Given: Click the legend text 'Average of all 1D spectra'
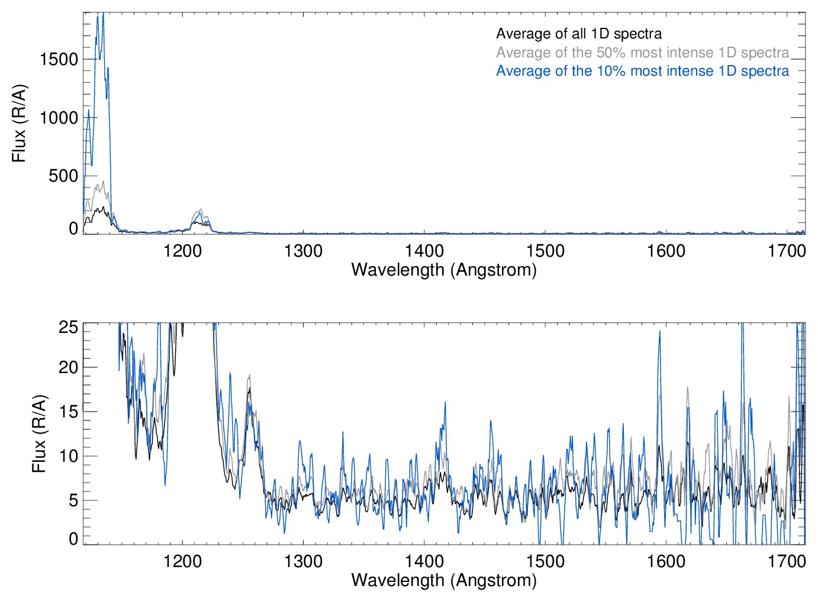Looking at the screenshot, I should tap(578, 34).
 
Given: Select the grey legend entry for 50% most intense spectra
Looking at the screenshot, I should tap(642, 53).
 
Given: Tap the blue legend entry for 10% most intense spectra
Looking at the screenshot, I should tap(642, 71).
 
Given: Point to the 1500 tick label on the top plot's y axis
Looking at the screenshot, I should tap(59, 59).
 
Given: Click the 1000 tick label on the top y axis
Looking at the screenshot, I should tap(59, 118).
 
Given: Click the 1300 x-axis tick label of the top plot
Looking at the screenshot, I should tap(303, 251).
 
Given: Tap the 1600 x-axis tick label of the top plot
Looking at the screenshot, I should tap(666, 251).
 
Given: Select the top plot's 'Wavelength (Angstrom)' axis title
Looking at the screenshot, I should tap(444, 270).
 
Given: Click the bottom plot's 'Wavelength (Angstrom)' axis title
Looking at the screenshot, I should tap(444, 580).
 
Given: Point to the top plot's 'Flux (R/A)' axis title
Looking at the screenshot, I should tap(20, 124).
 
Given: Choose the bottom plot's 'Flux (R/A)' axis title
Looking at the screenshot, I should tap(39, 433).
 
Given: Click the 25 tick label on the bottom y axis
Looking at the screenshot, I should tap(69, 327).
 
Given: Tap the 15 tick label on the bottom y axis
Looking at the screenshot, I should tap(69, 412).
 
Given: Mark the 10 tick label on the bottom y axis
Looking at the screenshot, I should tap(69, 456).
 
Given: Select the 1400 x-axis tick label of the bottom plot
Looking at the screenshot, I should tap(424, 561).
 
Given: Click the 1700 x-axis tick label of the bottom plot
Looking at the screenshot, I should tap(787, 561).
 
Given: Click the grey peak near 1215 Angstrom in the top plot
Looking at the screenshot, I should tap(201, 209).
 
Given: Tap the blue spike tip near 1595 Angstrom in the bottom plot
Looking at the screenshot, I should tap(659, 332).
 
